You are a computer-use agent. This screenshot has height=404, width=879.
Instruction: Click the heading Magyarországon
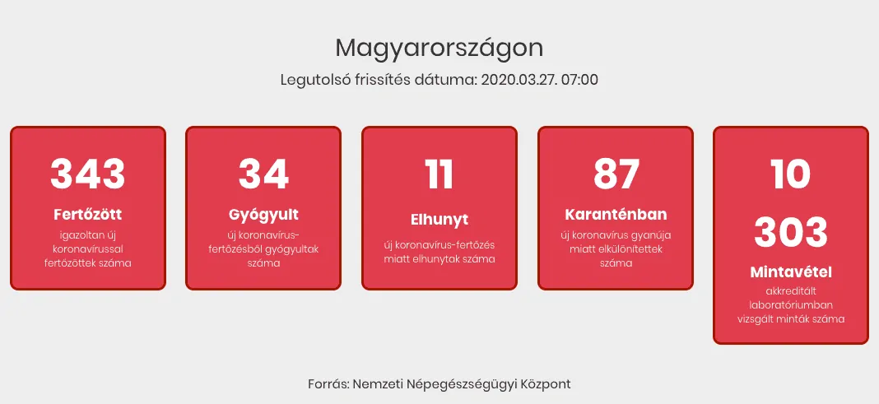pos(439,49)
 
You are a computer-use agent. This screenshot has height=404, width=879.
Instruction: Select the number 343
pos(87,174)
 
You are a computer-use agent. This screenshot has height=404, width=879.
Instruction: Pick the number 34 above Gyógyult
pos(263,174)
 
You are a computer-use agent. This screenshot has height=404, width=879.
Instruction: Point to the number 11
pos(439,174)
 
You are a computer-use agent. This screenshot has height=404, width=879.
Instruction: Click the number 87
pos(616,174)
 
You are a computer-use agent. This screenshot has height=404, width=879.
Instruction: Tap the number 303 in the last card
pos(790,231)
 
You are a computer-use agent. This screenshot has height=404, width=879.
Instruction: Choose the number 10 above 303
pos(790,174)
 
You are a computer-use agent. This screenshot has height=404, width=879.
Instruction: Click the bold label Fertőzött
pos(87,215)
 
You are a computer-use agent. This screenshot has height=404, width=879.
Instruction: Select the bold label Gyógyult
pos(263,216)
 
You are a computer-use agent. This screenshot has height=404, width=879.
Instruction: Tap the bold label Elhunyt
pos(439,220)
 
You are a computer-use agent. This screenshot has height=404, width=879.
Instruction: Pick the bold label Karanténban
pos(616,215)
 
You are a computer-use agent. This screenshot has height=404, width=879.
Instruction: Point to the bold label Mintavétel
pos(790,272)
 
